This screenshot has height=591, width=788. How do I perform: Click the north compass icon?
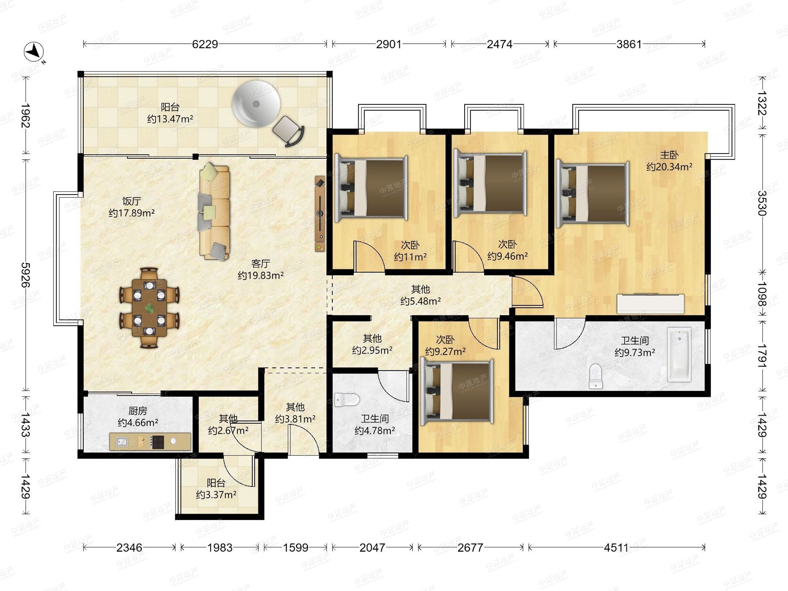coord(34,51)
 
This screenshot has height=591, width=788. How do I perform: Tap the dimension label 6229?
coord(205,44)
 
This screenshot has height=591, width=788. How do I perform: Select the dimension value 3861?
coord(629,44)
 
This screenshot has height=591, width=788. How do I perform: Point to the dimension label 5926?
coord(26,275)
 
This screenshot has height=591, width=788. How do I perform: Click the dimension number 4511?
coord(616,548)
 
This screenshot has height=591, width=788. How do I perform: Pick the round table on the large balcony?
coord(256,103)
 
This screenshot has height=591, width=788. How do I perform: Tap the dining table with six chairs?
coord(149,307)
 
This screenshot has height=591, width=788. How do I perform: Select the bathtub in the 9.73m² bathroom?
coord(679,355)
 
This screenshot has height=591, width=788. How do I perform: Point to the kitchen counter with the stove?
coord(150,442)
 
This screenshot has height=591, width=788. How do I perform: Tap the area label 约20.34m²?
coord(669,167)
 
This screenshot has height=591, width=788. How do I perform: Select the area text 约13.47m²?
coord(170,119)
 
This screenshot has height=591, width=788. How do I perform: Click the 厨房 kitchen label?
coord(138,411)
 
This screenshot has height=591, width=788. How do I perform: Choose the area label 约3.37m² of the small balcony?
coord(216,495)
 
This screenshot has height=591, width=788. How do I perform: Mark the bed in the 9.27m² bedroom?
coord(457,391)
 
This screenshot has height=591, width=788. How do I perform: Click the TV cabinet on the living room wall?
coord(320,214)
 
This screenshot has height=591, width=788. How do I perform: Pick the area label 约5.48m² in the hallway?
coord(421,301)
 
